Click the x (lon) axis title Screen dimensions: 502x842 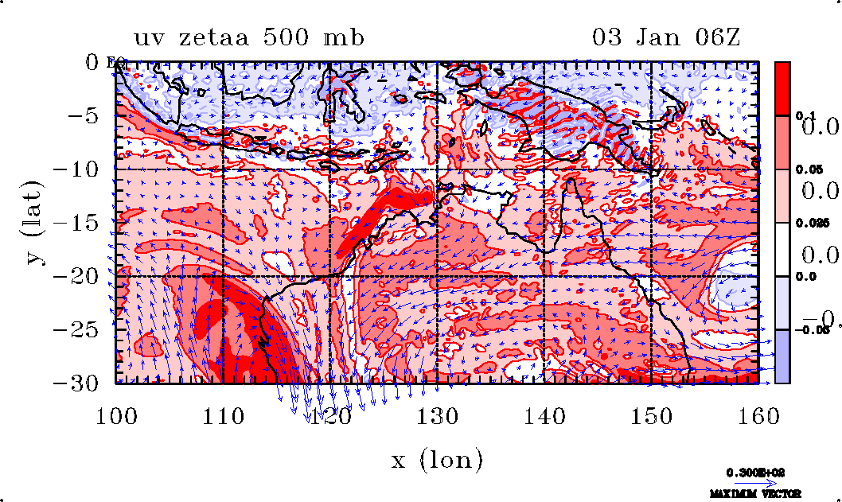[436, 459]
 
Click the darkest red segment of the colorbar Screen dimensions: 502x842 [782, 88]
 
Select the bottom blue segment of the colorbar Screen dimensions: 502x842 [782, 356]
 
